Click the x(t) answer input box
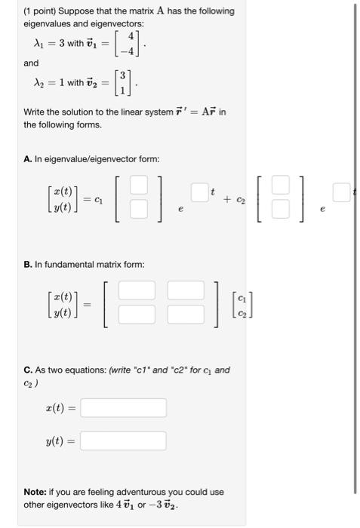123,408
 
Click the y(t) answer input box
123,441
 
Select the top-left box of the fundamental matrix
136,290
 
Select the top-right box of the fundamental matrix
186,290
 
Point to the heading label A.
27,158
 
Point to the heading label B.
27,265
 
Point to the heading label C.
27,370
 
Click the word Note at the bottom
36,492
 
